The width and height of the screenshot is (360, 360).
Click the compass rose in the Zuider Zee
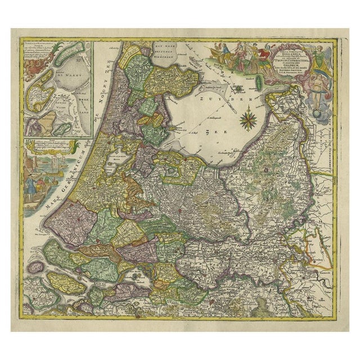(246, 120)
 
